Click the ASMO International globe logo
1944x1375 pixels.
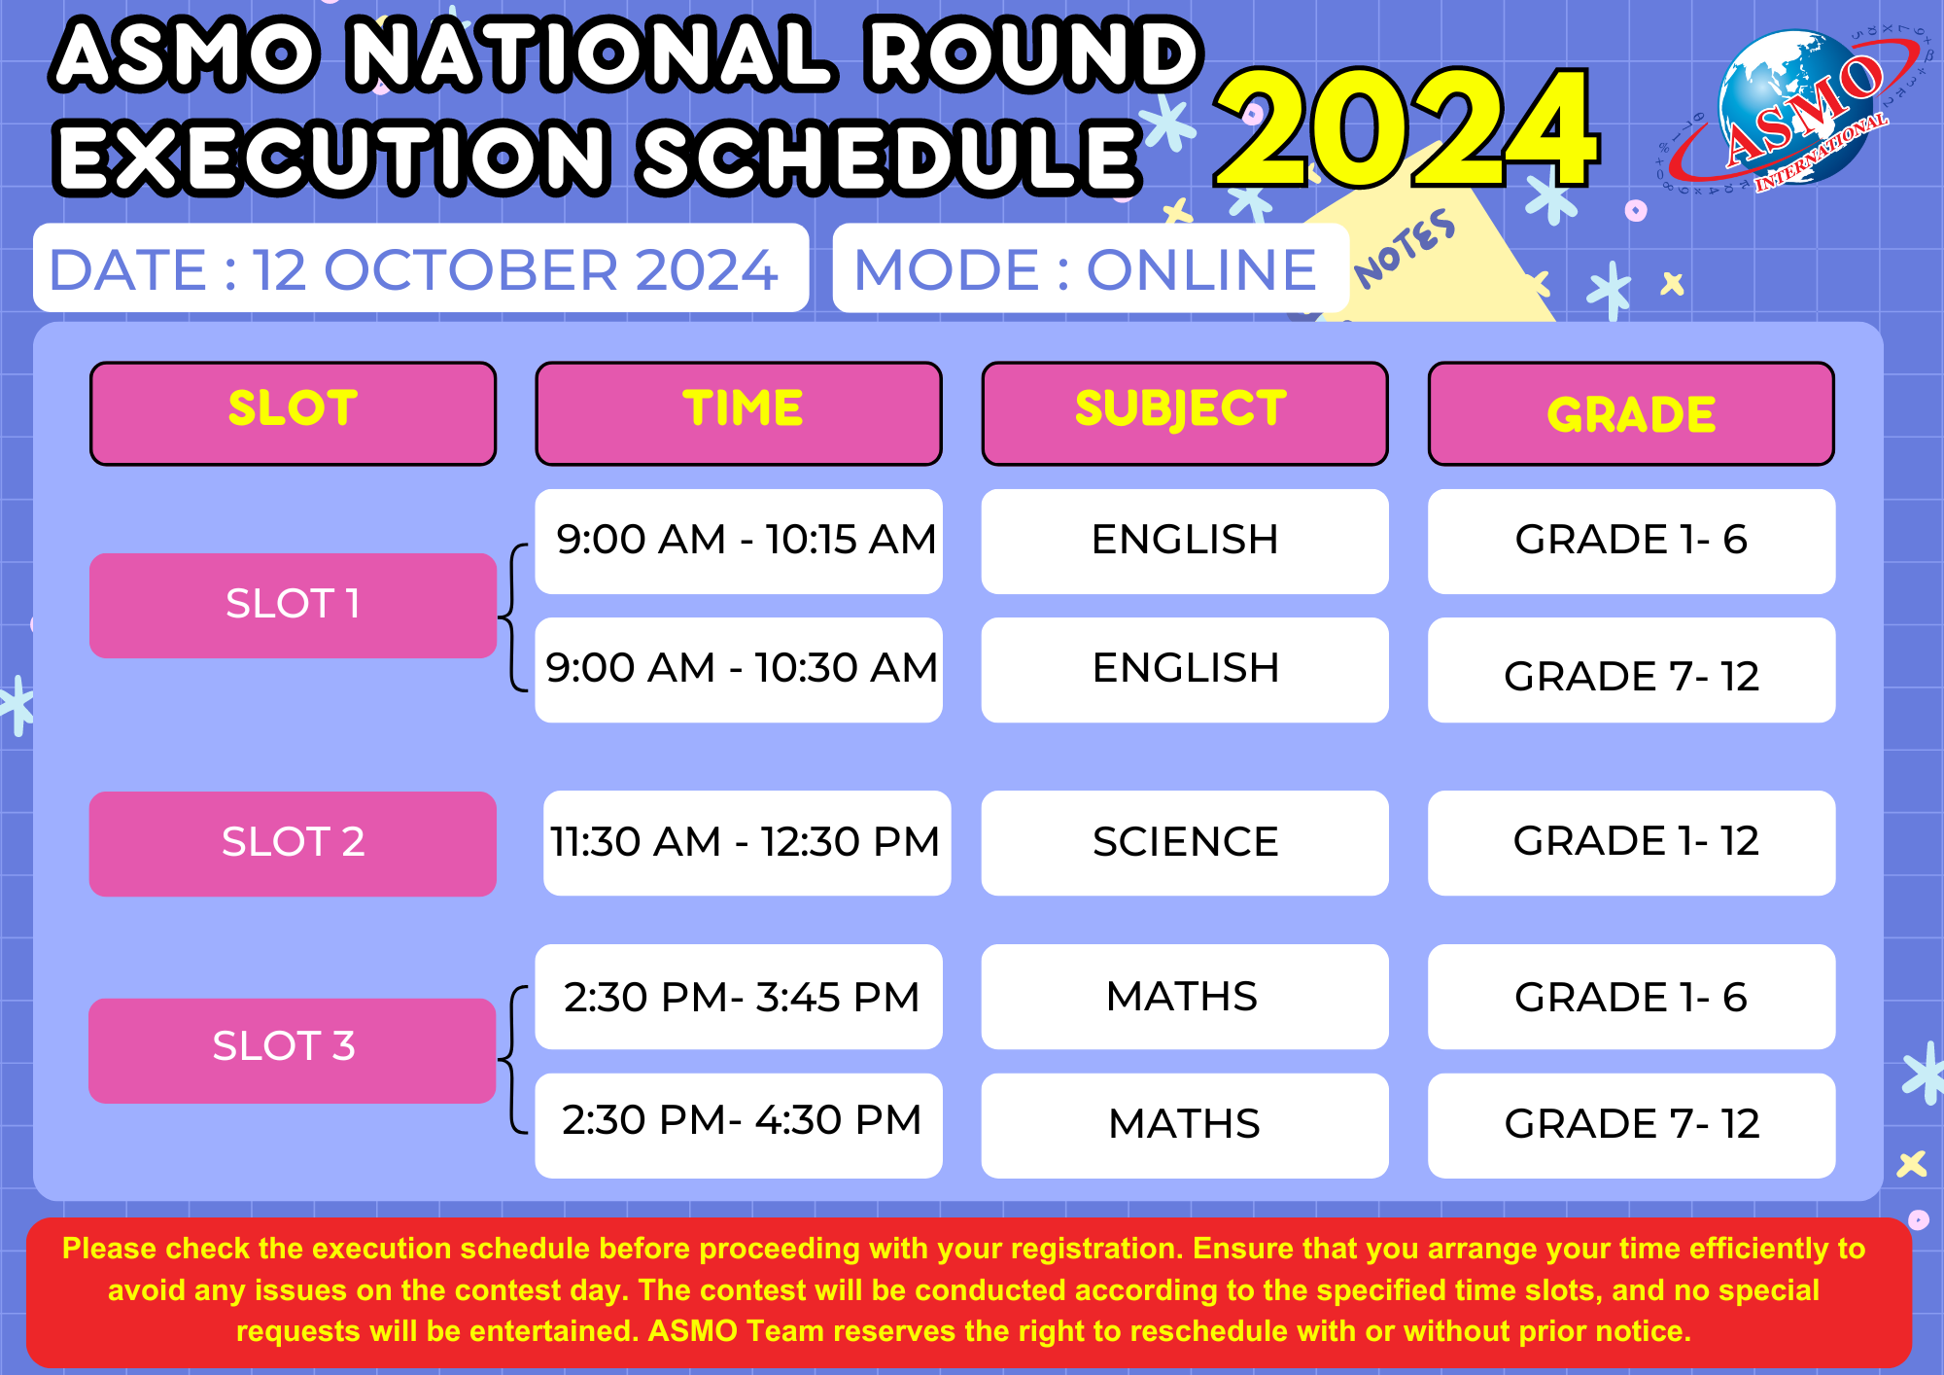tap(1793, 109)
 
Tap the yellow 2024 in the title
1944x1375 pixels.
tap(1406, 128)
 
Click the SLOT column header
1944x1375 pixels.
tap(293, 413)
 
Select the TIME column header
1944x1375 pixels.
tap(739, 413)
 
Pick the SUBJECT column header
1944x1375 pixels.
tap(1185, 413)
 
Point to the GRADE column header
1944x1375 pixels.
tap(1631, 413)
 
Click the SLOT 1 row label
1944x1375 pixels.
tap(293, 605)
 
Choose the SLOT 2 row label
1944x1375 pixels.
tap(293, 843)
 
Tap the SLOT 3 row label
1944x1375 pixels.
tap(293, 1050)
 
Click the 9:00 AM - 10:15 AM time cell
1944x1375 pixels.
tap(739, 541)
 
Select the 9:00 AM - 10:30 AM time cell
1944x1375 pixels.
tap(739, 669)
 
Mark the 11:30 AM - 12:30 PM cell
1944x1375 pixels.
tap(746, 842)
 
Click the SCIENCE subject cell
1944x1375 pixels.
tap(1185, 842)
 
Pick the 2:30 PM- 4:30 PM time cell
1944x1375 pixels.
tap(739, 1125)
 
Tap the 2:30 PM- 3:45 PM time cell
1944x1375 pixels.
tap(739, 996)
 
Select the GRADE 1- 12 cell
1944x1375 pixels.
tap(1631, 842)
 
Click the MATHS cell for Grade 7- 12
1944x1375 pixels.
tap(1185, 1125)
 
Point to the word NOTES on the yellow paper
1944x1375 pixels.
tap(1406, 249)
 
